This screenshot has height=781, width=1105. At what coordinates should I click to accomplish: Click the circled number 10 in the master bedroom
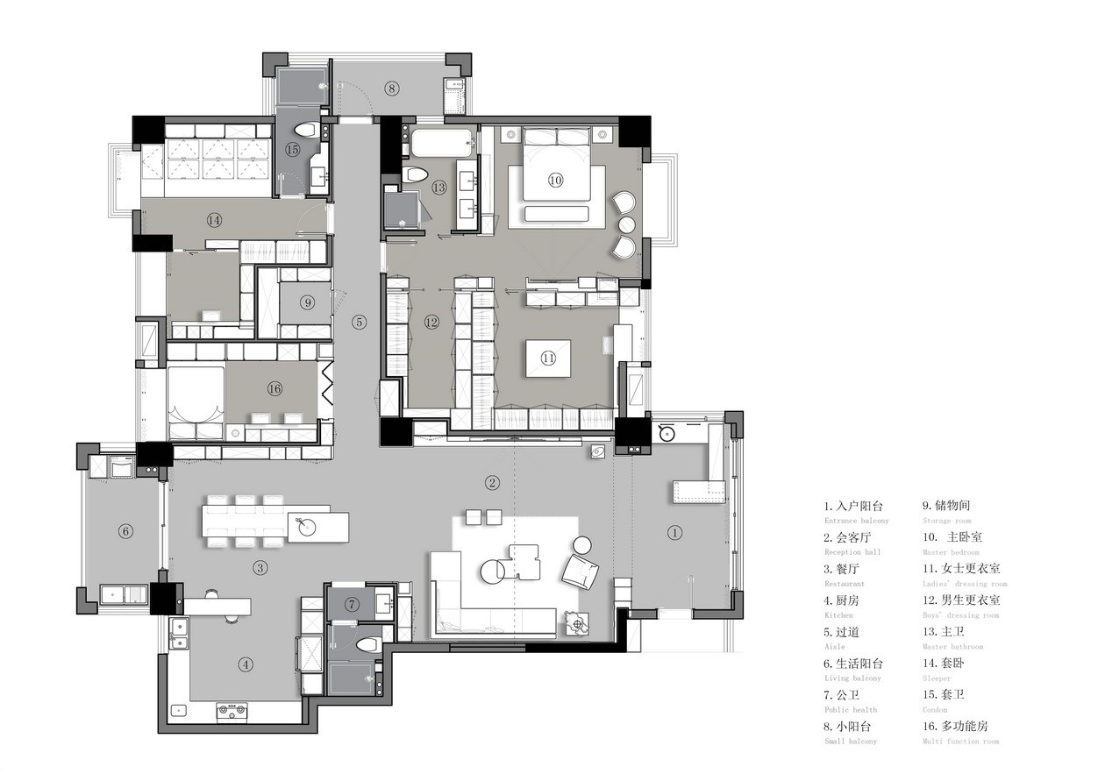pos(555,180)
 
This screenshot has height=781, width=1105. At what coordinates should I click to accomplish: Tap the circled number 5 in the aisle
pos(360,322)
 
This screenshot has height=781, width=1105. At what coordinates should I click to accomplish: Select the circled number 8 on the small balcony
pos(392,88)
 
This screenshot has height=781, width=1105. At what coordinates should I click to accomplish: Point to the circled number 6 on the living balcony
pos(125,530)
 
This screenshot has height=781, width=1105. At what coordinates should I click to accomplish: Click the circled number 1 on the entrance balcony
pos(674,531)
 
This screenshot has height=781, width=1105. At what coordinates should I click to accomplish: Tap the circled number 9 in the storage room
pos(306,302)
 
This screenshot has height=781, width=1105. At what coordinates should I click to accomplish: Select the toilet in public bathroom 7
pos(367,644)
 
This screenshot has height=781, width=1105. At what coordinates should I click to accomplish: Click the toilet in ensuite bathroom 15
pos(304,130)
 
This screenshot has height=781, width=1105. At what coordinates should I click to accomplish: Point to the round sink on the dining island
pos(309,526)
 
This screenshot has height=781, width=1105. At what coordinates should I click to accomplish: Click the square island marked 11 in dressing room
pos(548,358)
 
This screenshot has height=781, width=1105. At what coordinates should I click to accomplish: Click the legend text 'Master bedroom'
pos(951,552)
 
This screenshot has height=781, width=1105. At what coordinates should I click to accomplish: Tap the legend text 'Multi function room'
pos(960,742)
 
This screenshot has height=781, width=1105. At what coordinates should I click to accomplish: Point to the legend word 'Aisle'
pos(835,647)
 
